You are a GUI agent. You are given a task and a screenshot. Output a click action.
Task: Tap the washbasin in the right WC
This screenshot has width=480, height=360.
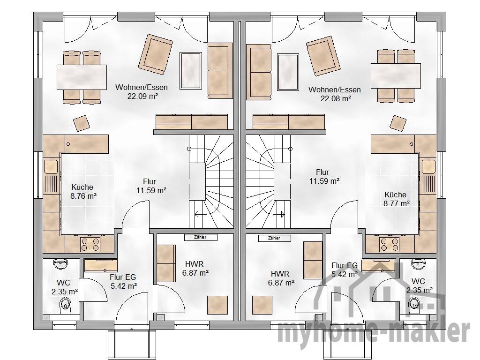417,263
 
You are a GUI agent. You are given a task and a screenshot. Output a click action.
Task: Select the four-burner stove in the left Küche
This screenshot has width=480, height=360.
90,245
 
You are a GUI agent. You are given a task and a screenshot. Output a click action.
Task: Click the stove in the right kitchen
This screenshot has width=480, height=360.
389,245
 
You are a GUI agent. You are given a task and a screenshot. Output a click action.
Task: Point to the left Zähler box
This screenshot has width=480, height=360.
201,237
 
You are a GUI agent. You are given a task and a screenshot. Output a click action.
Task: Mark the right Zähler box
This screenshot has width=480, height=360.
274,238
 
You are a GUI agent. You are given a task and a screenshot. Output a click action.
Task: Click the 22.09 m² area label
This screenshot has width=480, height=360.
142,97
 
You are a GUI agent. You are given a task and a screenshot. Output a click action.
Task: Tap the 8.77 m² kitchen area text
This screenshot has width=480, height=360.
397,203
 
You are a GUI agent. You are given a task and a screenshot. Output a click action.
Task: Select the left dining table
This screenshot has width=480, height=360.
82,77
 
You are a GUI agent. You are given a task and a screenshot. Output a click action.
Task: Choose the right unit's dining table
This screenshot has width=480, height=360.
396,75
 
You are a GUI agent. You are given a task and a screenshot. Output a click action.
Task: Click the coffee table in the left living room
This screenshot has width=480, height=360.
191,71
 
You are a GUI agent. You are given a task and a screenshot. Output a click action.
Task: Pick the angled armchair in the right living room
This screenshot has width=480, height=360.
323,56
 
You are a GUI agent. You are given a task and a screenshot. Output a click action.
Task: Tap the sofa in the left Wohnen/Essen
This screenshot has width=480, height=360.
220,71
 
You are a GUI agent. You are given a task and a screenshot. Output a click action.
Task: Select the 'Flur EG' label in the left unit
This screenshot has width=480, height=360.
123,277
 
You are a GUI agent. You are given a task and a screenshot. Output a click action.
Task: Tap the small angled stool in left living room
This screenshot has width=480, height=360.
82,123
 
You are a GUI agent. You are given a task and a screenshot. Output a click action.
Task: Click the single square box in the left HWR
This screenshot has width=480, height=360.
217,305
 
